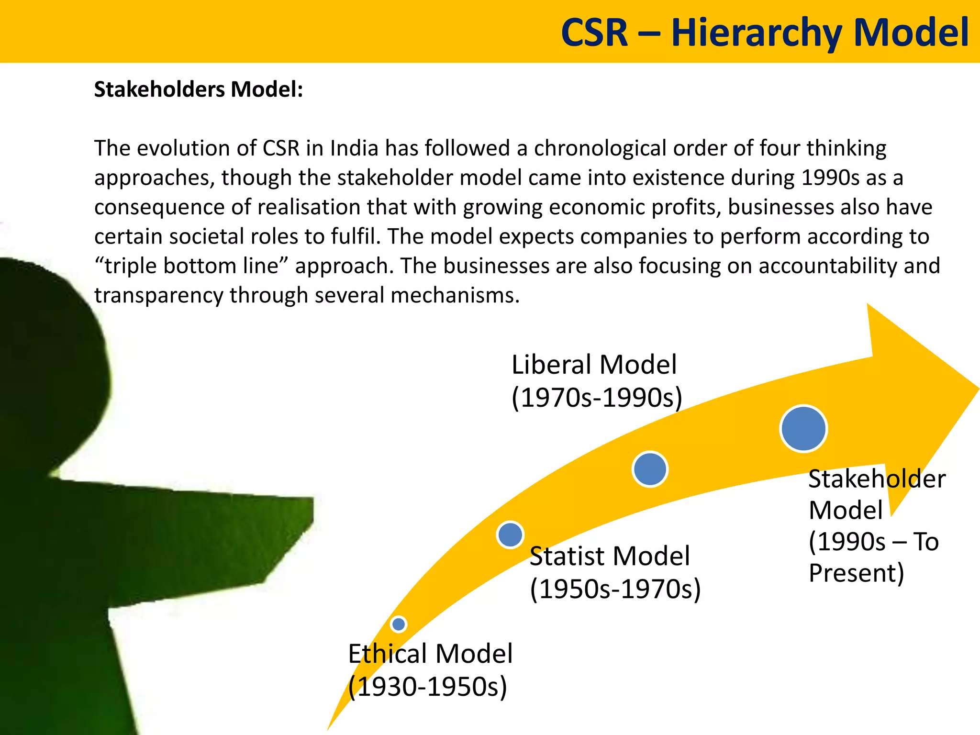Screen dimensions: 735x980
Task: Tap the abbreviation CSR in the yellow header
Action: pos(594,33)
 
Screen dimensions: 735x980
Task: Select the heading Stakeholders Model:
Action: pos(199,89)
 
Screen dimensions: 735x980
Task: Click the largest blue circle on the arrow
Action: pos(803,429)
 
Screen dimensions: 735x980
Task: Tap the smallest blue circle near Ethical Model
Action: pos(398,624)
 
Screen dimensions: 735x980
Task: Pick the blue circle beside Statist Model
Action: pos(510,535)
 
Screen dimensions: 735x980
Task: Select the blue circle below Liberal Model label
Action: pos(649,469)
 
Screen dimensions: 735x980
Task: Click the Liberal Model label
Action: pos(594,365)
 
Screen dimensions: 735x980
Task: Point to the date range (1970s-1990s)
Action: pos(597,398)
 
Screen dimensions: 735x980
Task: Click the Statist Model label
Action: pos(610,556)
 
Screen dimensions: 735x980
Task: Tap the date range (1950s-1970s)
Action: pos(615,589)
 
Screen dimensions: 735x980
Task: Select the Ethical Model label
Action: pos(430,654)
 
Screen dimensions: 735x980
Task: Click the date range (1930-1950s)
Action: pos(427,687)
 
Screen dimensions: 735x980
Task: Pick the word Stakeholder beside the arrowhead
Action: pos(877,479)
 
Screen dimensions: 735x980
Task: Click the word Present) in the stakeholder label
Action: pos(856,573)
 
